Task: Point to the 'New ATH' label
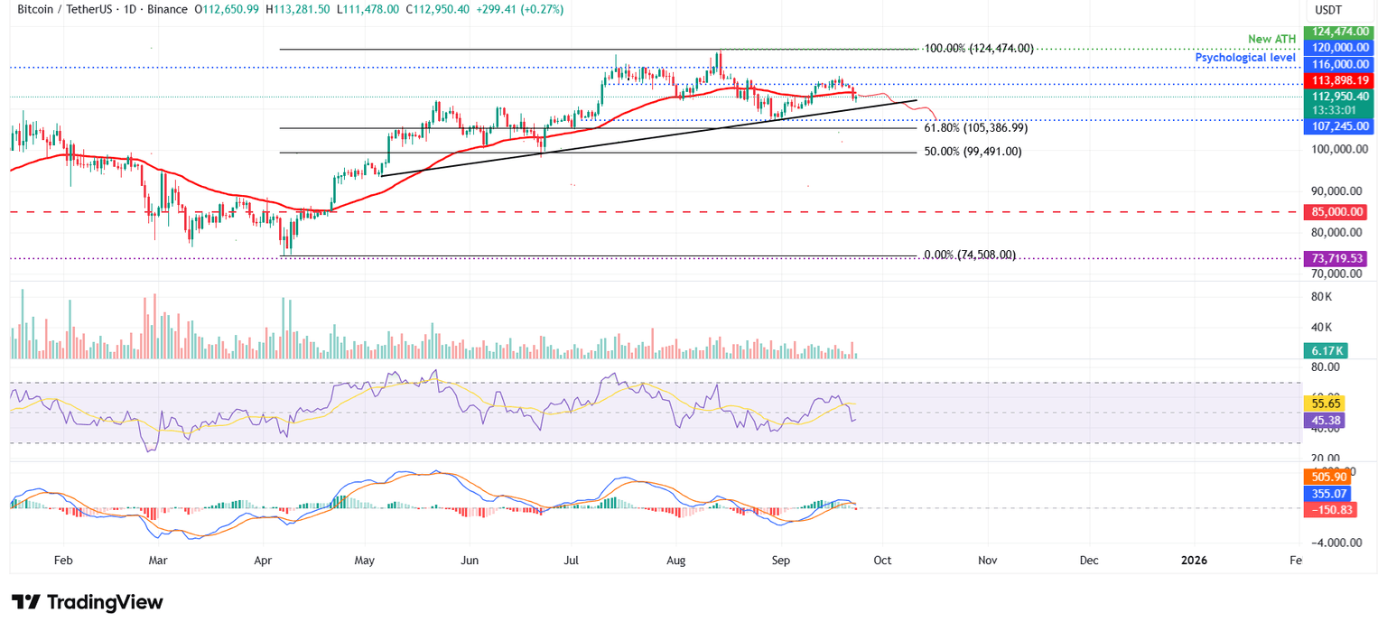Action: point(1271,39)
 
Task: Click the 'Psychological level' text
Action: point(1246,58)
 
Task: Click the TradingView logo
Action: point(88,603)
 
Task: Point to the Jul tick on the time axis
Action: point(572,561)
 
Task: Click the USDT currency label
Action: point(1327,11)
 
